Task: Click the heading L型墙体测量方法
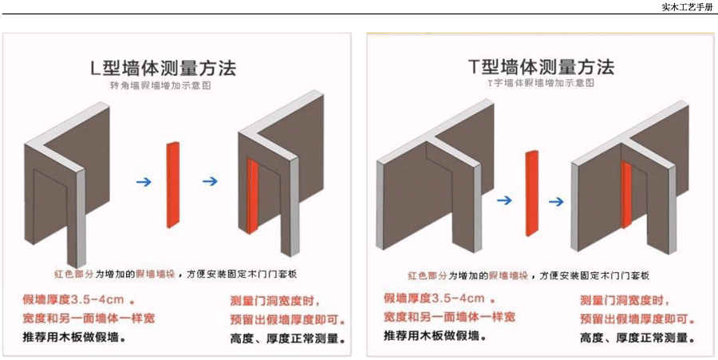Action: click(163, 69)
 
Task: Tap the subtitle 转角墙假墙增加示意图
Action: click(162, 86)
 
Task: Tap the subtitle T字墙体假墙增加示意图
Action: click(541, 84)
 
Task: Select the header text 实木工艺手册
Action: click(688, 7)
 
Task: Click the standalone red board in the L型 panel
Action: click(173, 184)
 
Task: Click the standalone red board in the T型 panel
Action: click(532, 193)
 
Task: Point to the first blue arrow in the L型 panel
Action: click(144, 182)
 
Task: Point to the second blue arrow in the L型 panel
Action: click(210, 181)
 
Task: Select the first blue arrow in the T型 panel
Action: click(504, 200)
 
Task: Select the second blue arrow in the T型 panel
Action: click(556, 201)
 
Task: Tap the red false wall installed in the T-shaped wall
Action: click(626, 194)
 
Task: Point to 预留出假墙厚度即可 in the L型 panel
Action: click(287, 319)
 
